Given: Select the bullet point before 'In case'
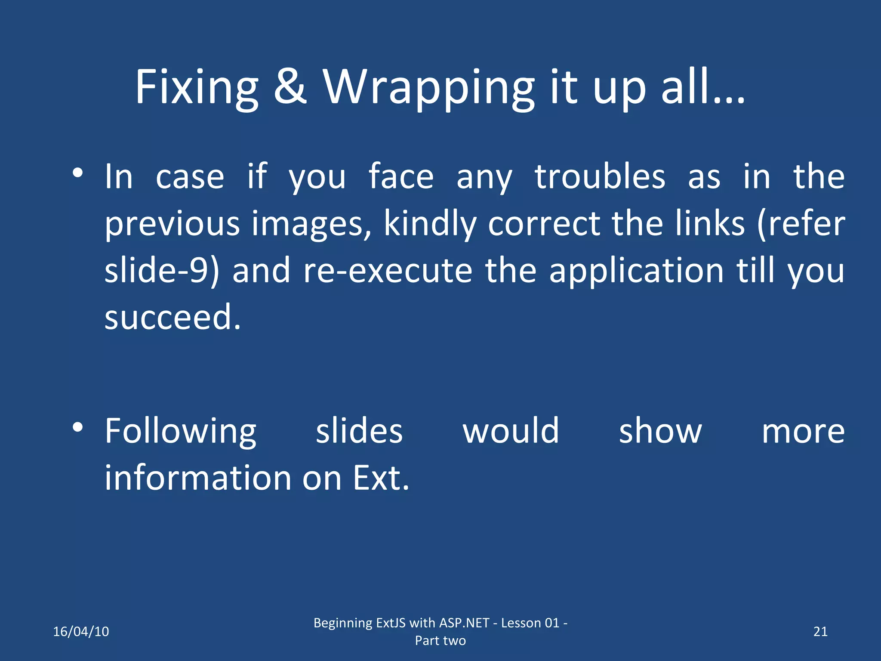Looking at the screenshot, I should (77, 173).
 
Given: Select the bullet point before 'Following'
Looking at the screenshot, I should (77, 427).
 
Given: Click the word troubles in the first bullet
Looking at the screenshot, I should (600, 177).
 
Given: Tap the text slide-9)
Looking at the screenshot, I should (162, 271).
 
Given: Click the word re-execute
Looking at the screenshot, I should (388, 271).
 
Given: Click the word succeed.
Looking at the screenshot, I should (173, 317).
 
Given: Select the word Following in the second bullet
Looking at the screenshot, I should (181, 432).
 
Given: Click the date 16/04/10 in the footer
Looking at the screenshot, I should (81, 631).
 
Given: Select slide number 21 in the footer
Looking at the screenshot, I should (820, 631).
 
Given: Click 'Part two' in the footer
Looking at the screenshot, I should (440, 640).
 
